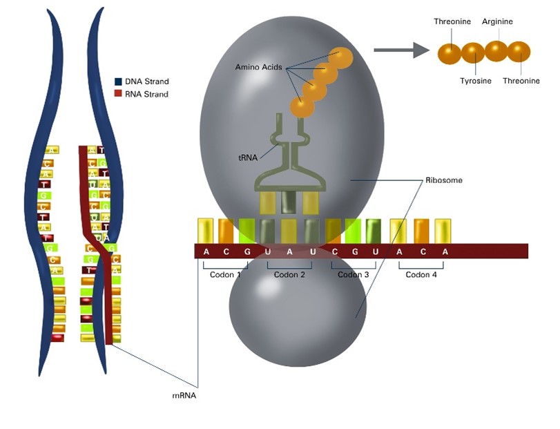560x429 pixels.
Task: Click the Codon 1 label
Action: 226,274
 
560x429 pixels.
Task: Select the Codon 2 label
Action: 289,274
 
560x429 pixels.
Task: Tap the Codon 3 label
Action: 354,274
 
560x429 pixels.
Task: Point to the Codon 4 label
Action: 421,274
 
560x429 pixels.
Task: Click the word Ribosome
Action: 443,180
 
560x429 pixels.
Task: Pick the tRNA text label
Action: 247,158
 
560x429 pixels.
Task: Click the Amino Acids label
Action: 258,66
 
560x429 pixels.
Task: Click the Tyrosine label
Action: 476,81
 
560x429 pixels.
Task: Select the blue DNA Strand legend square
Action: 118,82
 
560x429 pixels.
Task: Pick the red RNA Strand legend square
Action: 118,94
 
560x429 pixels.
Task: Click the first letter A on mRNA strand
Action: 206,251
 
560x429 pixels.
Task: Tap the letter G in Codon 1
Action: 248,251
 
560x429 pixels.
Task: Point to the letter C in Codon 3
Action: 334,251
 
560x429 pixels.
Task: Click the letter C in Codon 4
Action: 423,251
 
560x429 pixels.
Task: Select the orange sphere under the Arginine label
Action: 496,50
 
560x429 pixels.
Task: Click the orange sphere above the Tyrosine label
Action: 473,53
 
